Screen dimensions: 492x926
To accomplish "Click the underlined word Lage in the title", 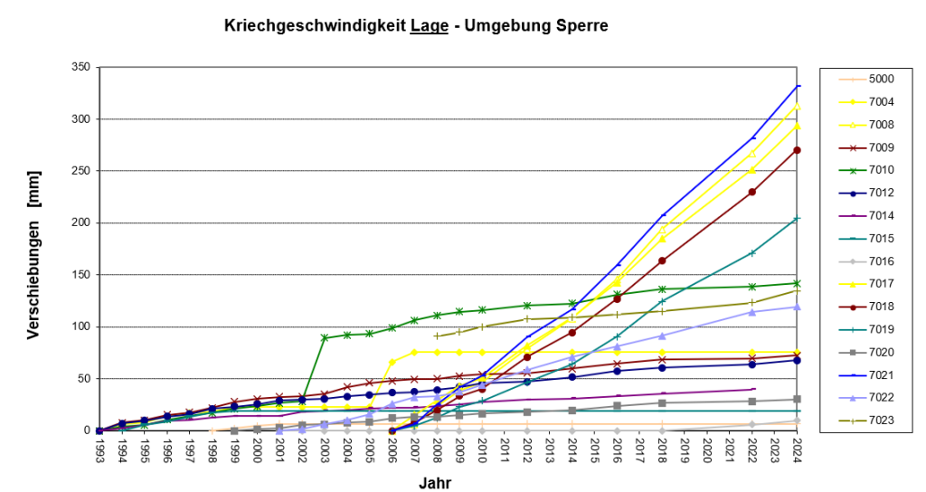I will [423, 27].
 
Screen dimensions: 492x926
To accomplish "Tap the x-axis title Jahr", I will [434, 483].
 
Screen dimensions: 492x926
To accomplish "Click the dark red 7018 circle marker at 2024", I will [798, 150].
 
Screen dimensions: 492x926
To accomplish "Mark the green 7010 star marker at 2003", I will [325, 338].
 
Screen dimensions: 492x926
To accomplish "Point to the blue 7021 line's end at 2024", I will [798, 86].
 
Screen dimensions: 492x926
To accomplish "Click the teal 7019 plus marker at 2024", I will [798, 219].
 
